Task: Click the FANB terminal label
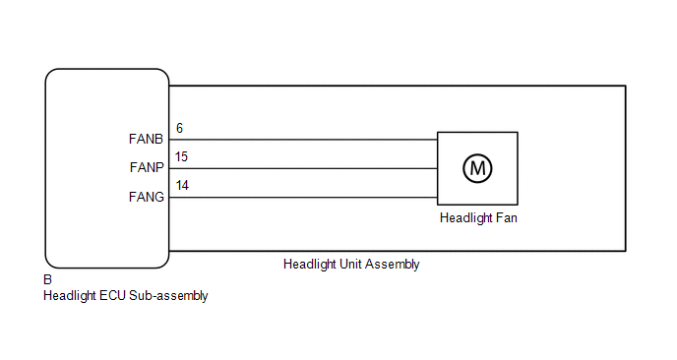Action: (x=146, y=139)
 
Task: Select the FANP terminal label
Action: (x=147, y=167)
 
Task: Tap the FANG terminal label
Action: (x=147, y=198)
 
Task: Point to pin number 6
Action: (x=180, y=128)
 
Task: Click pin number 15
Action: (x=181, y=156)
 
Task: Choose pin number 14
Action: (x=182, y=186)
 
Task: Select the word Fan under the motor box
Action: (x=507, y=218)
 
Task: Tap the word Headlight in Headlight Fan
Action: (x=465, y=218)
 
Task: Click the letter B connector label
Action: (x=47, y=280)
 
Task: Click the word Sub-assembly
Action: (x=168, y=296)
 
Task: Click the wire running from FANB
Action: (x=303, y=140)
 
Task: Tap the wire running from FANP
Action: (x=303, y=168)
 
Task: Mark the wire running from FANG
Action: (x=303, y=198)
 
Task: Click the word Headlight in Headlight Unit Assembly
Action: (x=310, y=265)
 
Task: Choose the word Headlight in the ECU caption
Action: (x=70, y=296)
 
